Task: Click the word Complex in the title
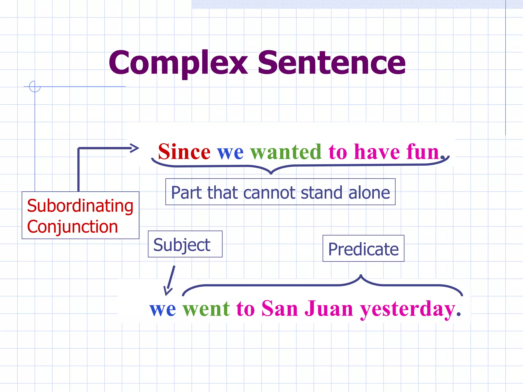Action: (x=178, y=63)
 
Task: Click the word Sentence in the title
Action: (x=331, y=63)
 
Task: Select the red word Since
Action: (x=184, y=152)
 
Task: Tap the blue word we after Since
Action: (x=230, y=152)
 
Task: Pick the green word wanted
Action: (x=286, y=152)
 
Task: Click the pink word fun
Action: (x=423, y=152)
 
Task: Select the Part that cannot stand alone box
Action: (x=280, y=192)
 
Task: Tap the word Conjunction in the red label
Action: (x=73, y=227)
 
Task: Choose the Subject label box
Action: (x=185, y=244)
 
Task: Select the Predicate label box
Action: (x=363, y=249)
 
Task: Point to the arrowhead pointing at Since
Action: (x=134, y=148)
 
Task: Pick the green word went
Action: (x=206, y=309)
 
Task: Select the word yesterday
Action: (x=408, y=309)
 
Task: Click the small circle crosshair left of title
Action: (x=35, y=87)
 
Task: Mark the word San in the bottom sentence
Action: (x=280, y=309)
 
